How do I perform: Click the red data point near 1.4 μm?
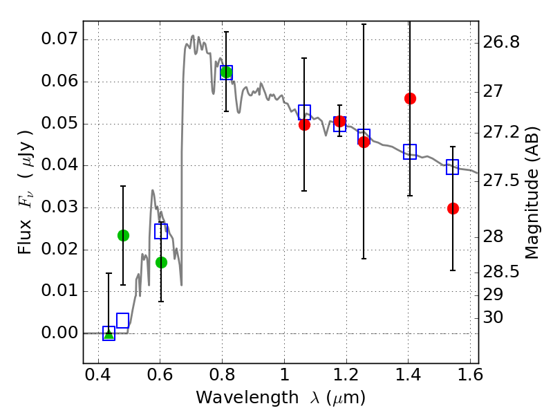(410, 98)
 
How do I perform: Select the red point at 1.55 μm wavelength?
(453, 208)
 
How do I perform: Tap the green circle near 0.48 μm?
(123, 235)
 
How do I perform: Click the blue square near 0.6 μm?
(161, 231)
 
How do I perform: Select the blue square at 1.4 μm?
(410, 152)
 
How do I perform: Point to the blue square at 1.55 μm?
(453, 167)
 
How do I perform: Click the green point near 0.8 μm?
(225, 71)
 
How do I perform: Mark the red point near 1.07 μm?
(304, 124)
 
